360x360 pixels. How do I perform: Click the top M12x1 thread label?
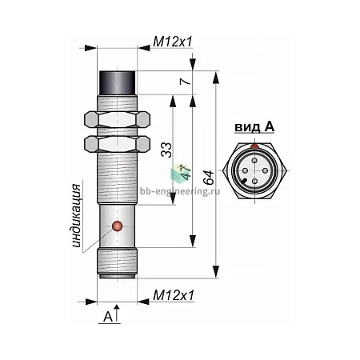(x=173, y=42)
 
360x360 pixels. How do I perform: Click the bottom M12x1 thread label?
(x=174, y=295)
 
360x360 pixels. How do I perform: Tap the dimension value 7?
(x=185, y=81)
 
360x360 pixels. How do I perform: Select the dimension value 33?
(x=166, y=150)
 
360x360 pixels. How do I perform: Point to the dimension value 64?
(x=208, y=177)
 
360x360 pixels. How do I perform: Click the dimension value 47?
(x=185, y=171)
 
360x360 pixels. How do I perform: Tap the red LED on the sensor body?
(x=117, y=226)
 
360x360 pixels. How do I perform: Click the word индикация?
(x=76, y=216)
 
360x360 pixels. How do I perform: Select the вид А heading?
(x=254, y=127)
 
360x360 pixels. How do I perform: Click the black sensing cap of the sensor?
(x=118, y=82)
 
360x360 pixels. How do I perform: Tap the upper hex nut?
(x=117, y=119)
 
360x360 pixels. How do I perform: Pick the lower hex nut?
(x=117, y=144)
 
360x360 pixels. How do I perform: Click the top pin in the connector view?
(x=255, y=161)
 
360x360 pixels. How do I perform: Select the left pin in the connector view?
(x=245, y=170)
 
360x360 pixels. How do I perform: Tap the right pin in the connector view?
(x=265, y=170)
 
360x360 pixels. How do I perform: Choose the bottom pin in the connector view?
(x=255, y=181)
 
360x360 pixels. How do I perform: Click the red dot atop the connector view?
(x=255, y=146)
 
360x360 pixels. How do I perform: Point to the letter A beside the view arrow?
(x=108, y=317)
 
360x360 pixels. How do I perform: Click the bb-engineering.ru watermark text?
(x=180, y=191)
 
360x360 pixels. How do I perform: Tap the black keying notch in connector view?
(x=245, y=182)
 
